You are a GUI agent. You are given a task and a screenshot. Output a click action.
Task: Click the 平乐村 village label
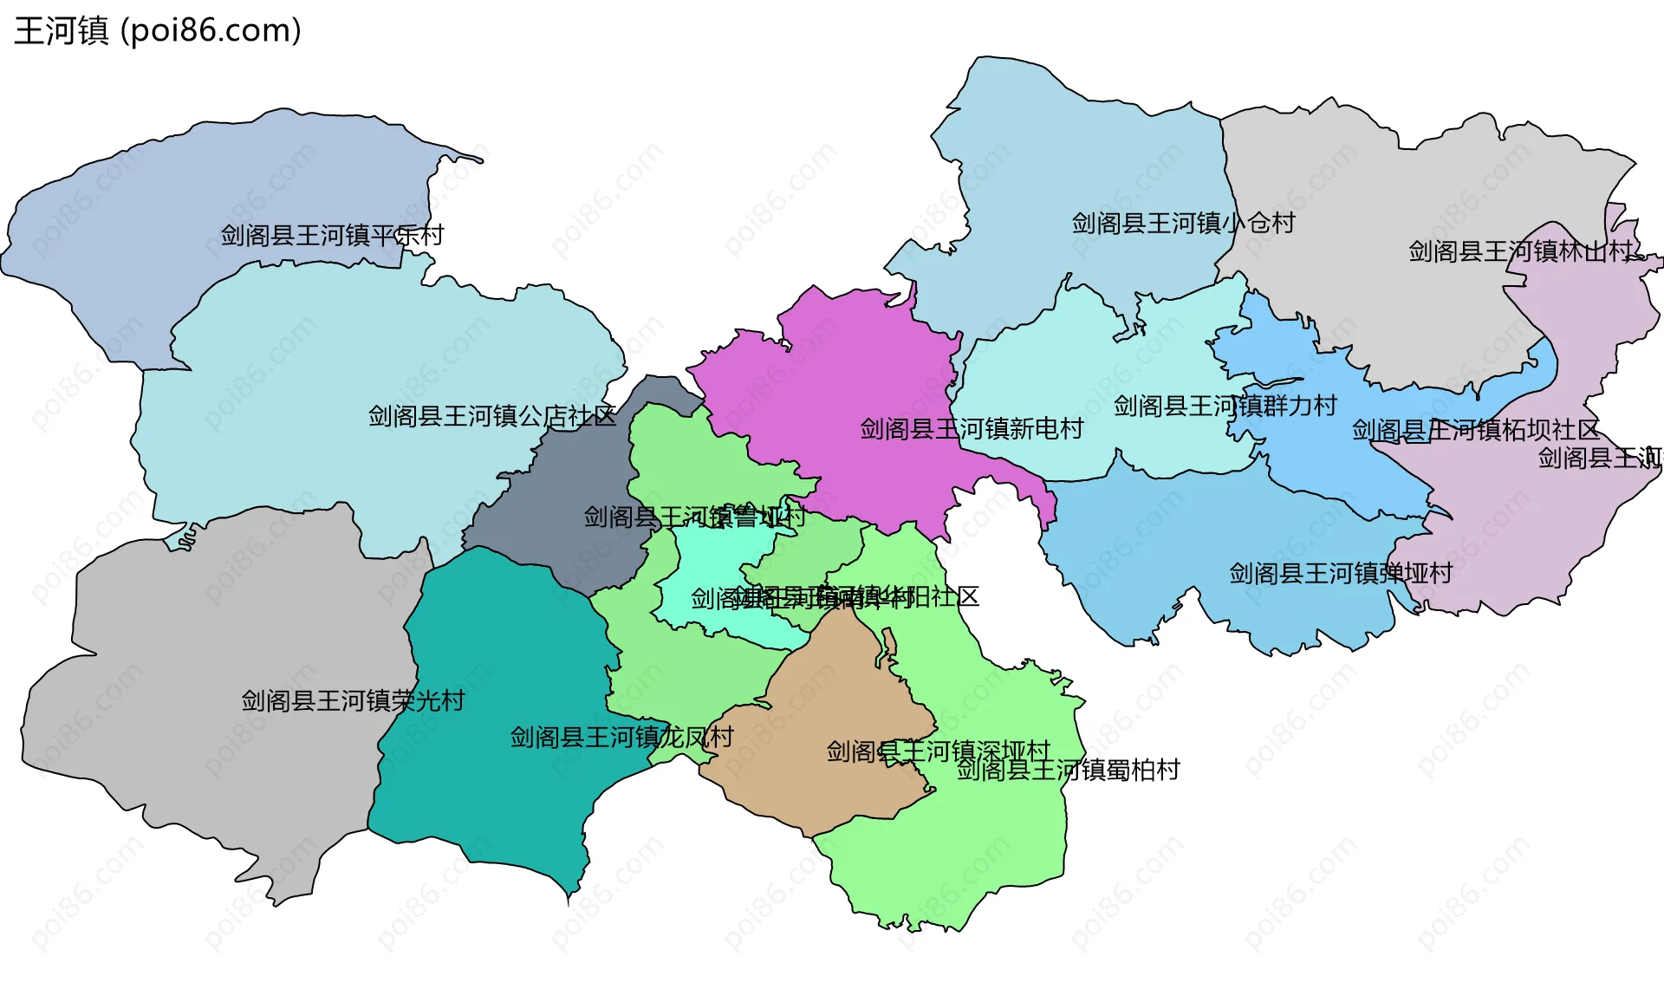click(332, 235)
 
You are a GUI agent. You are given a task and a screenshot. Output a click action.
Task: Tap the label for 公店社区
click(492, 416)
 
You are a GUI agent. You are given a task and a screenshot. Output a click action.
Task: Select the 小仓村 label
click(1183, 223)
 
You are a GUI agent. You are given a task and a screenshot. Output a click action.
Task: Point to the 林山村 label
click(1520, 251)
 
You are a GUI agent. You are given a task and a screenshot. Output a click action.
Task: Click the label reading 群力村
click(1225, 406)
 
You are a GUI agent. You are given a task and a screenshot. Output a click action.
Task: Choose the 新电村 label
click(972, 428)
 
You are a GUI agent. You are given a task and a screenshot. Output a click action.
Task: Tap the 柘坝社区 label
click(1475, 430)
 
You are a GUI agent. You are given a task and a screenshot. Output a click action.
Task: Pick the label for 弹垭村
click(1341, 573)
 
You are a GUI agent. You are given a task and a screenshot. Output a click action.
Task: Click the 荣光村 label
click(353, 700)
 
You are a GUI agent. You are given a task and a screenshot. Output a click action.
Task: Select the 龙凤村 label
click(621, 737)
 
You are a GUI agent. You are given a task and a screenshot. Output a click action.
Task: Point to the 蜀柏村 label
click(1068, 770)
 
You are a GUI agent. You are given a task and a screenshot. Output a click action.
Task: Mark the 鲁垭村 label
click(694, 517)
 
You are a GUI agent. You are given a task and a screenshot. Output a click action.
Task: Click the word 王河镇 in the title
click(62, 30)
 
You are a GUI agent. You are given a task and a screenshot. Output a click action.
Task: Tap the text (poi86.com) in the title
click(211, 30)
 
